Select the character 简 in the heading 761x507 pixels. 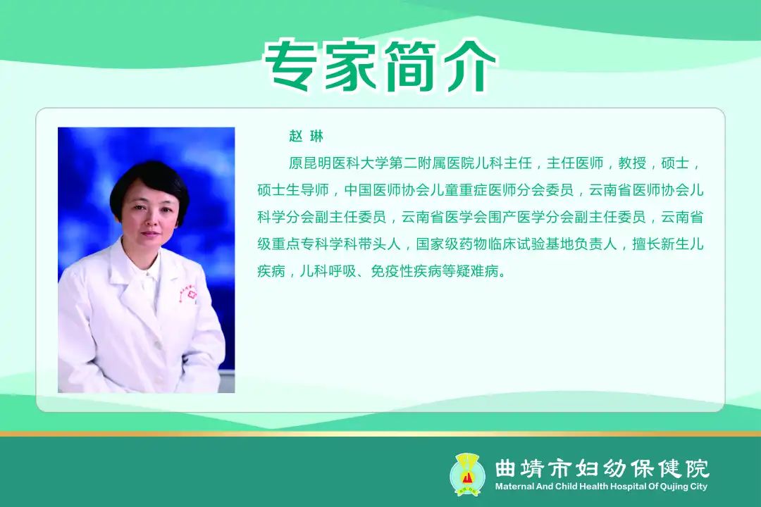tap(409, 66)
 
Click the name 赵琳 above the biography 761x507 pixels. tap(307, 137)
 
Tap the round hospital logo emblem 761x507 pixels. tap(467, 474)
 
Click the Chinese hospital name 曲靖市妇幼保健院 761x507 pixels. tap(602, 468)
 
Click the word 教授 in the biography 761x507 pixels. tap(632, 163)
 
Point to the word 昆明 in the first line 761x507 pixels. tap(317, 163)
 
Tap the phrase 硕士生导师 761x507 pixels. tap(293, 189)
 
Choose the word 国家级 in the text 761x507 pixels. tap(438, 244)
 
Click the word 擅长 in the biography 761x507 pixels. tap(646, 244)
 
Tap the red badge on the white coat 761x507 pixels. tap(192, 295)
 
